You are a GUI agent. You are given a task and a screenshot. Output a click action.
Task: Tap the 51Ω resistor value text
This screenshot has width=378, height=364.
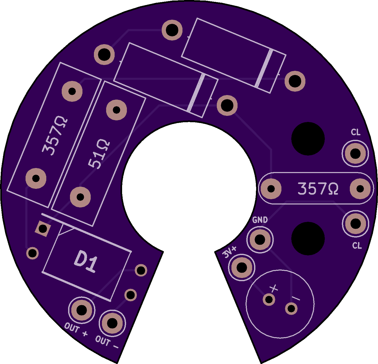tap(99, 154)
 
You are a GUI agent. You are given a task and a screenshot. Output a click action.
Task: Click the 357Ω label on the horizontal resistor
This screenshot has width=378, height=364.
tap(318, 189)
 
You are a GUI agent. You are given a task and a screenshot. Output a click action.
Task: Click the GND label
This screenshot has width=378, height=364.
tap(260, 220)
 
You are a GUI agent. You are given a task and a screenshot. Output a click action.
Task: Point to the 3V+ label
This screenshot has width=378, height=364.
tap(230, 252)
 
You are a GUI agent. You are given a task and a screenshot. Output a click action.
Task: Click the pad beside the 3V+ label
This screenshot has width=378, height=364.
tap(242, 268)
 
